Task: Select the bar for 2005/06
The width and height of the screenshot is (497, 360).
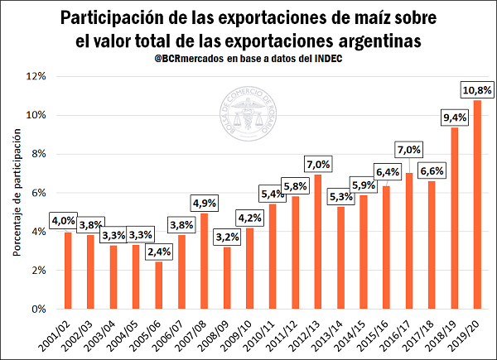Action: point(159,286)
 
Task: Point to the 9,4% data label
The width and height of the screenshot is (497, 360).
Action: point(455,117)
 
